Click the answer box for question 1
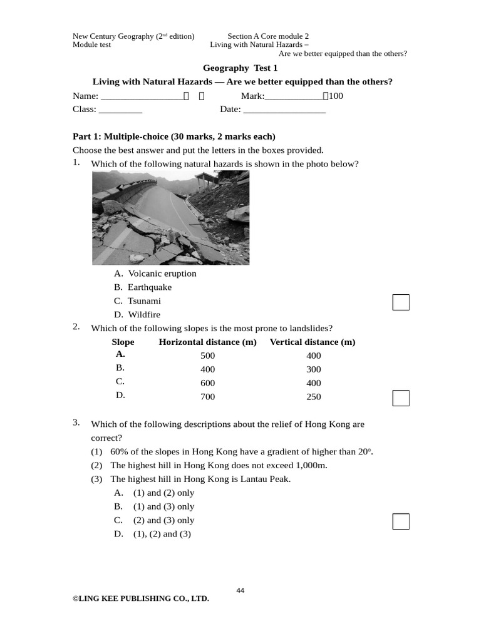coord(401,302)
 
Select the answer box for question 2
coord(401,397)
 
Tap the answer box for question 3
coord(401,521)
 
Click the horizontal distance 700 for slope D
coord(207,397)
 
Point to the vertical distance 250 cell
coord(313,397)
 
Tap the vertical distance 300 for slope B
coord(313,369)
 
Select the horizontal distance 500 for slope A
coord(207,356)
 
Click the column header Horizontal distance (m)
coord(207,342)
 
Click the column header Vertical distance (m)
coord(313,342)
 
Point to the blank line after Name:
coord(141,97)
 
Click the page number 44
coord(240,590)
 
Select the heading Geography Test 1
coord(240,68)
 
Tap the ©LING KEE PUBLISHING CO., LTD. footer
coord(141,599)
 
